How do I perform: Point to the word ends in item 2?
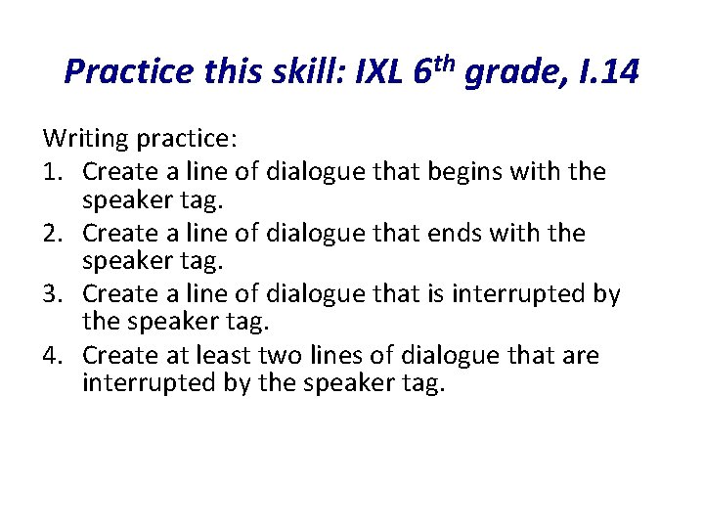(458, 233)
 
